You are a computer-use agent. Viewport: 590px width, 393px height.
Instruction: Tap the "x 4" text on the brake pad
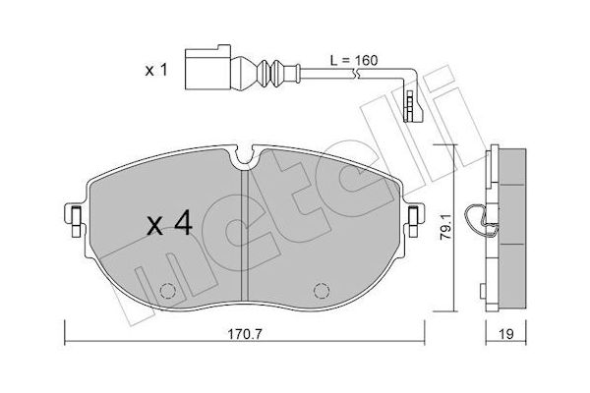(x=169, y=226)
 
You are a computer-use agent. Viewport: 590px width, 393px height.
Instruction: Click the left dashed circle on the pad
(x=168, y=291)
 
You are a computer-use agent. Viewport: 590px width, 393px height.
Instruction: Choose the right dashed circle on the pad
(x=320, y=291)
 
